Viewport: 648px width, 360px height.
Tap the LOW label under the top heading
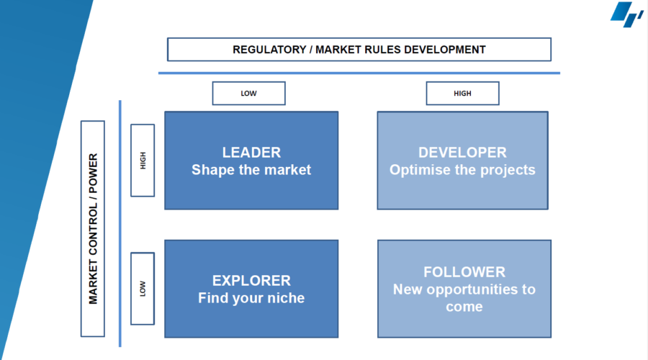(249, 94)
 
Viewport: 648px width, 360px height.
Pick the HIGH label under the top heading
(462, 94)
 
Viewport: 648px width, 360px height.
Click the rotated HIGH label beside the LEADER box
(143, 161)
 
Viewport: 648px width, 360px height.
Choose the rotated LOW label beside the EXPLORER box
(143, 289)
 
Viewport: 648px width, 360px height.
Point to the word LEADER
(251, 153)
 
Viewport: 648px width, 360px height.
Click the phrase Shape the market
(251, 170)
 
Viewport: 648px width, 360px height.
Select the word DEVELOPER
(462, 153)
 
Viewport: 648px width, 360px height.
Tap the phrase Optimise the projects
(462, 170)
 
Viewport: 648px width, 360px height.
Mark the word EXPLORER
(251, 281)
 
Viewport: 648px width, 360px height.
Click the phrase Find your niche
(251, 298)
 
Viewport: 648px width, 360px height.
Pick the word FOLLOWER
(464, 272)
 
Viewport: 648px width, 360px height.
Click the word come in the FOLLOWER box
(464, 307)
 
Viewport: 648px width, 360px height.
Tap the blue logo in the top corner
(626, 14)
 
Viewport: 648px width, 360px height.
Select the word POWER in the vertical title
(94, 174)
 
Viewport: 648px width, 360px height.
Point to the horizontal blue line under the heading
(359, 73)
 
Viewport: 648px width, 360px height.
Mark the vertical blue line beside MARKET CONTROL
(120, 224)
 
